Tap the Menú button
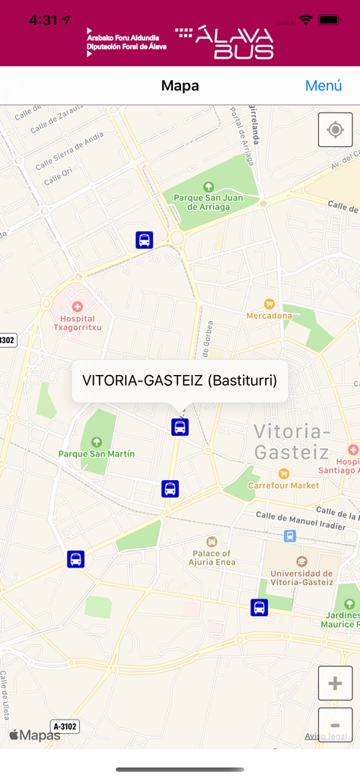[323, 86]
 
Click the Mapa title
[180, 86]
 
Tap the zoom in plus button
[335, 683]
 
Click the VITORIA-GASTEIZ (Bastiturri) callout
[180, 380]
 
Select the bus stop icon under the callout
[180, 427]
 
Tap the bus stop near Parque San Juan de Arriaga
[145, 240]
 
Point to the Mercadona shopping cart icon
[269, 304]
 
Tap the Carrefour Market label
[284, 485]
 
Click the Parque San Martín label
[97, 453]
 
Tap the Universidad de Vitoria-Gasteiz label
[301, 577]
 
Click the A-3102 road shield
[65, 727]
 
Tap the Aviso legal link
[327, 736]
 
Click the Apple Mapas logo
[35, 735]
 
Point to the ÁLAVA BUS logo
[225, 43]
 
